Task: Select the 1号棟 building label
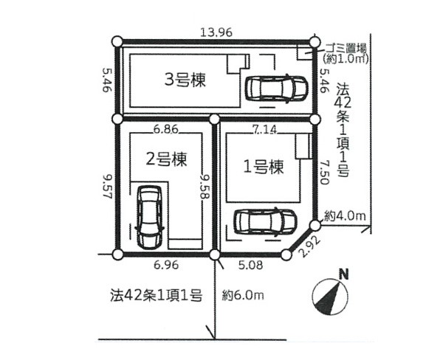tap(263, 167)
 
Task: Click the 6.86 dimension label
tap(166, 130)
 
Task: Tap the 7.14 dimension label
tap(264, 130)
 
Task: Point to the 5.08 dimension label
tap(250, 263)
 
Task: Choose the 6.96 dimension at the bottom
tap(165, 263)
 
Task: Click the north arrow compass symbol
tap(330, 293)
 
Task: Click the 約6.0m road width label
tap(244, 297)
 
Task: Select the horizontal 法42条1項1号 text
tap(156, 297)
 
